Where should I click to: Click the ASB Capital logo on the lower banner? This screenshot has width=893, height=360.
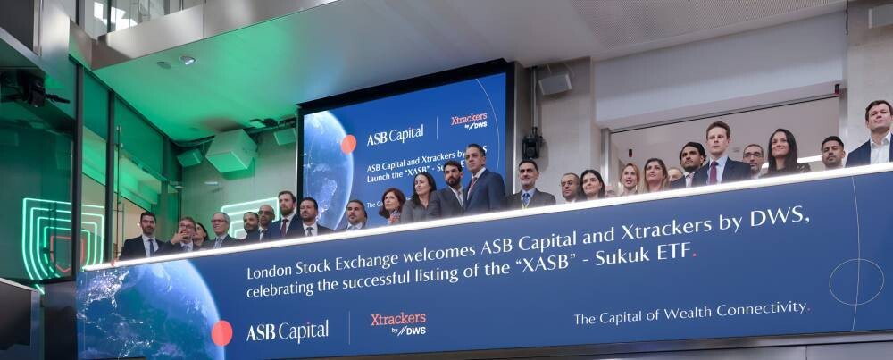tap(287, 331)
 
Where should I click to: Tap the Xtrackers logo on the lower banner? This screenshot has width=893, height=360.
tap(398, 322)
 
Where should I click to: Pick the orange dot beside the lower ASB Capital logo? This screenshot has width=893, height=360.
tap(221, 333)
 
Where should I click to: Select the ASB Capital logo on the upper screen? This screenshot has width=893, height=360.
tap(395, 135)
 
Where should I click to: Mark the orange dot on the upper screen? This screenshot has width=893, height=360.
tap(348, 143)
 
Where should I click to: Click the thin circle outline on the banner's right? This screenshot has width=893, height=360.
tap(855, 281)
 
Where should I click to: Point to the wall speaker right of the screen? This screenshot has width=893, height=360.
tap(555, 84)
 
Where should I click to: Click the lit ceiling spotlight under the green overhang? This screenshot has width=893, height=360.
tap(187, 60)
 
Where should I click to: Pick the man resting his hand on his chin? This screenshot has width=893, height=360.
tap(186, 234)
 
